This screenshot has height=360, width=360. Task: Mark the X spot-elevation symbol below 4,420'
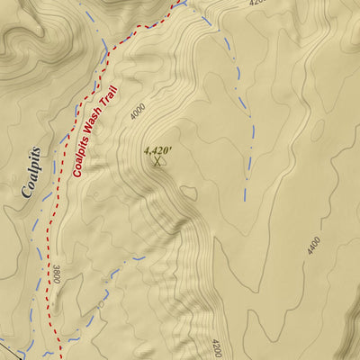coord(157,162)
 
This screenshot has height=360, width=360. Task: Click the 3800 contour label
coord(56,274)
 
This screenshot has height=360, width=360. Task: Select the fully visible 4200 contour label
coord(215,347)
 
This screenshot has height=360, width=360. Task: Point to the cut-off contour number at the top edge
coord(257,3)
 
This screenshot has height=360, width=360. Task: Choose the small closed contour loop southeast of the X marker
coord(188,192)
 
